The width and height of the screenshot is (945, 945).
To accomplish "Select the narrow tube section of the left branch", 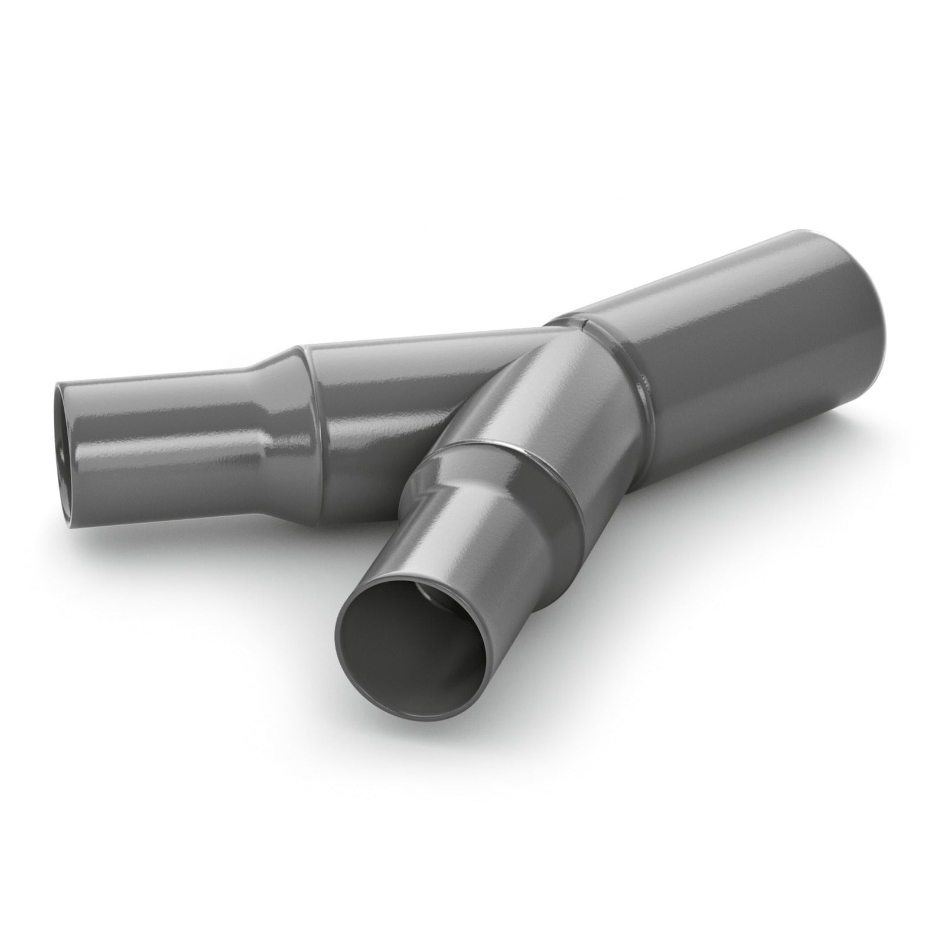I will click(x=165, y=437).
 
